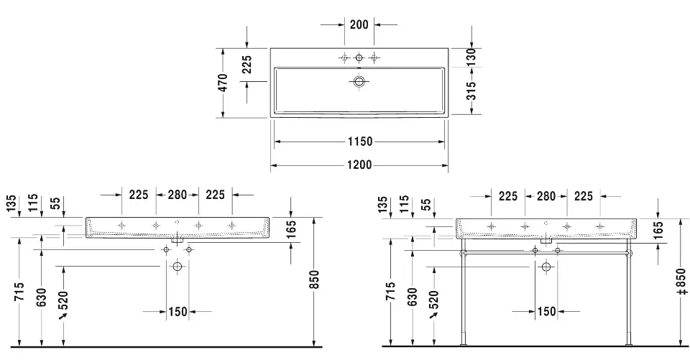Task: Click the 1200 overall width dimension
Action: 359,165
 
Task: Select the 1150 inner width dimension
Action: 360,142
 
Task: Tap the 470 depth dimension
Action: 223,83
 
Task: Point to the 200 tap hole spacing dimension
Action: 359,24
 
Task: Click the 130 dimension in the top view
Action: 471,57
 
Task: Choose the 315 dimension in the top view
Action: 471,91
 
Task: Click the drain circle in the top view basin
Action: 359,81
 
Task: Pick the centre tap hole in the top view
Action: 359,57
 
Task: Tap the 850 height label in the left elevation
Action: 314,280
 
